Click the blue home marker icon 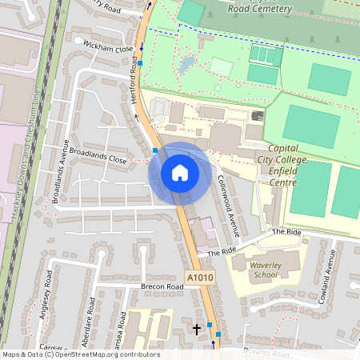(180, 173)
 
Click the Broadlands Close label (98, 155)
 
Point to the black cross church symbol (197, 328)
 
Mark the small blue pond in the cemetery (186, 63)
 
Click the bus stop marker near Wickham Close (140, 62)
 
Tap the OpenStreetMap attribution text (81, 354)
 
